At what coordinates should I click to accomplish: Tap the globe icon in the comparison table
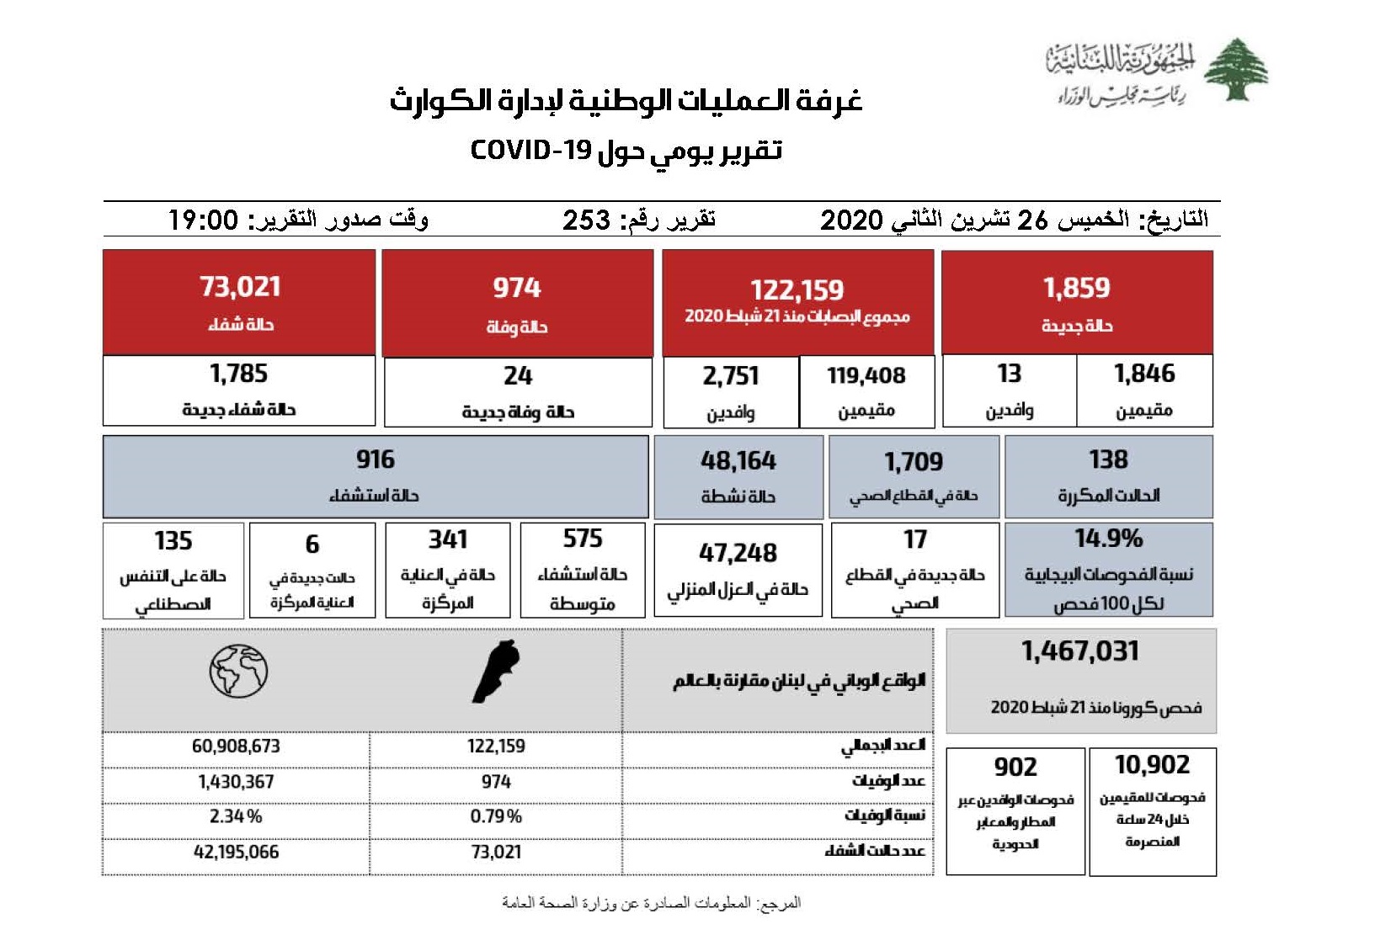pyautogui.click(x=238, y=671)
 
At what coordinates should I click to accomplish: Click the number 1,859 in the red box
pyautogui.click(x=1076, y=288)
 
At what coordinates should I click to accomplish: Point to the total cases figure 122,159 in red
pyautogui.click(x=797, y=290)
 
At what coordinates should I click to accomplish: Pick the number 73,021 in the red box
pyautogui.click(x=240, y=287)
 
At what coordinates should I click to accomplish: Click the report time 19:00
pyautogui.click(x=203, y=220)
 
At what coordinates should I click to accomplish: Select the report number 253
pyautogui.click(x=586, y=220)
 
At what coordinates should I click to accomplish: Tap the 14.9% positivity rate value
pyautogui.click(x=1108, y=539)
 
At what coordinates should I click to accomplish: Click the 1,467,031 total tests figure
pyautogui.click(x=1080, y=651)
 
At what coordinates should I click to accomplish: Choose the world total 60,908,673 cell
pyautogui.click(x=236, y=746)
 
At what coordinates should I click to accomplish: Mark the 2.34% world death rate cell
pyautogui.click(x=236, y=816)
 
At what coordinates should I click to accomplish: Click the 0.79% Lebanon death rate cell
pyautogui.click(x=496, y=816)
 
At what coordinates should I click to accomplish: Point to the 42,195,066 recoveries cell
pyautogui.click(x=236, y=852)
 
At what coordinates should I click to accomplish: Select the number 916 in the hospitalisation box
pyautogui.click(x=375, y=459)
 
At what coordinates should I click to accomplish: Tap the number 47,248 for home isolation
pyautogui.click(x=738, y=553)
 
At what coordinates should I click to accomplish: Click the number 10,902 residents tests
pyautogui.click(x=1152, y=765)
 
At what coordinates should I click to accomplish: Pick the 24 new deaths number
pyautogui.click(x=518, y=375)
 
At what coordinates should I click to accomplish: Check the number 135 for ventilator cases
pyautogui.click(x=173, y=540)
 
